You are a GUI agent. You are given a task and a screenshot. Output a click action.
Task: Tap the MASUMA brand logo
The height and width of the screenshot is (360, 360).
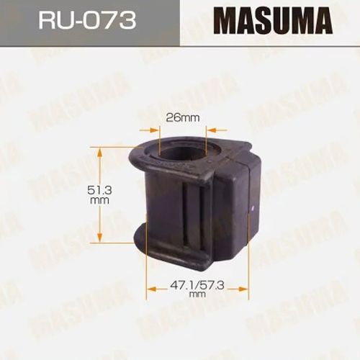click(273, 21)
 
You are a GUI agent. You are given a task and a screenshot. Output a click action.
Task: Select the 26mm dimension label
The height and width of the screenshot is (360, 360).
click(183, 118)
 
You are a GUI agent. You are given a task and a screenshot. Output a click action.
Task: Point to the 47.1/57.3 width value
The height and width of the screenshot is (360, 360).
click(197, 285)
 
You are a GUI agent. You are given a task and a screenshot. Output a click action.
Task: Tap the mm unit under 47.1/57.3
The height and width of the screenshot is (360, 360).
click(197, 294)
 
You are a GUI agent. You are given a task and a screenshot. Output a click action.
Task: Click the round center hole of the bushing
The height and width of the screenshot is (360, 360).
click(182, 150)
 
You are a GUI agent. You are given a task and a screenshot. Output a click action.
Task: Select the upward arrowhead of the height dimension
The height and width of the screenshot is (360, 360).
click(99, 152)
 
